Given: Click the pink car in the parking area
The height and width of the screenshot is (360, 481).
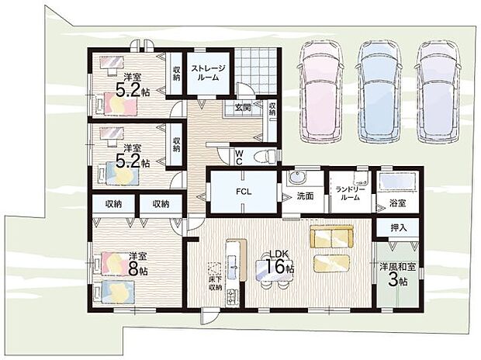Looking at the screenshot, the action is (320, 91).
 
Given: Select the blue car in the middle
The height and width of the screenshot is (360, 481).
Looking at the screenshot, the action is (380, 91).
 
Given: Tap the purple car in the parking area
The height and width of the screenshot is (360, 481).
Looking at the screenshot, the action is (438, 91).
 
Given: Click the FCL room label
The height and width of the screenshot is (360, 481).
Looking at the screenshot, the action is (244, 192).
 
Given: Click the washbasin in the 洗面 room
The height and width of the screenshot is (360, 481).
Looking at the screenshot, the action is (296, 178).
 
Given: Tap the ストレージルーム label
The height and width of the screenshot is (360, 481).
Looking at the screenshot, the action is (208, 73).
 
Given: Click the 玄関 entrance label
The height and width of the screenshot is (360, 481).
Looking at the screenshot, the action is (243, 107).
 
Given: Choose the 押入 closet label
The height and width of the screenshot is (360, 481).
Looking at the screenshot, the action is (399, 227).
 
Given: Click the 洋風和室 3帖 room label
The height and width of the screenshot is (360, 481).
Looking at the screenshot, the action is (398, 274).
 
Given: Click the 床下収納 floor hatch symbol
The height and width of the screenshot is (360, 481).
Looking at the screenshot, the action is (214, 269).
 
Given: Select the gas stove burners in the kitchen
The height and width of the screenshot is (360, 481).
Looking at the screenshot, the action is (232, 296).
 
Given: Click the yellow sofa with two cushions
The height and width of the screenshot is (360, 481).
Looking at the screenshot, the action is (331, 237).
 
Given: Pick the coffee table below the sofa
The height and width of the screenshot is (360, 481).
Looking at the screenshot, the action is (331, 263).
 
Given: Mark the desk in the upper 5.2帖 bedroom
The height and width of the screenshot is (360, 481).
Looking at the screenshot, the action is (112, 64).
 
